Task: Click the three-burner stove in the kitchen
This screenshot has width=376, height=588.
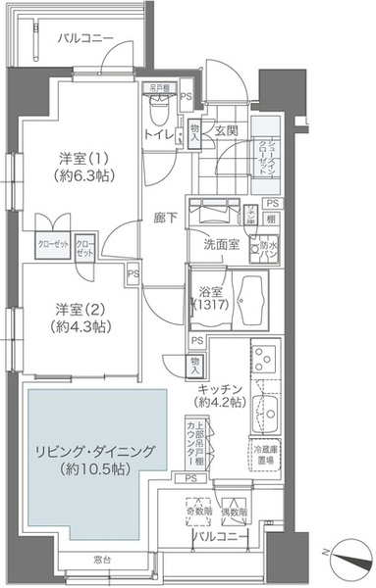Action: coord(264,361)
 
